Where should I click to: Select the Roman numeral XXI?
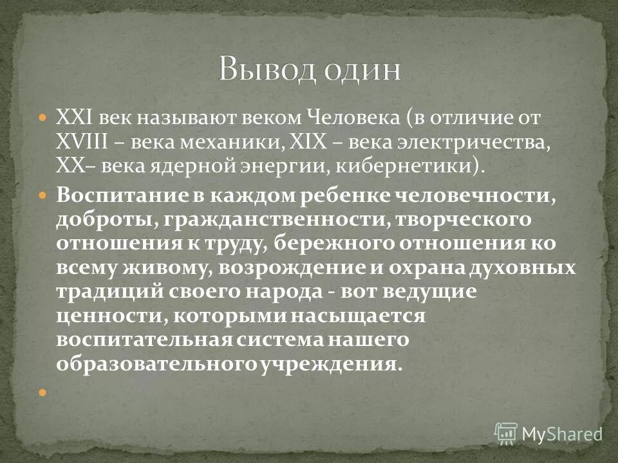[74, 119]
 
